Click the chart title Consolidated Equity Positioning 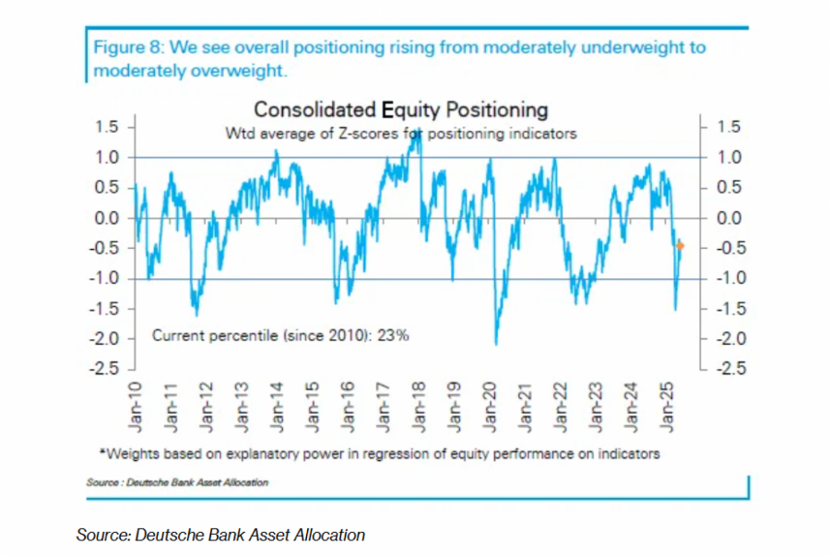pyautogui.click(x=400, y=110)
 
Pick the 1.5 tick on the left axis pyautogui.click(x=109, y=127)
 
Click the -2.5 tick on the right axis pyautogui.click(x=728, y=369)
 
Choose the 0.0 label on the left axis pyautogui.click(x=109, y=219)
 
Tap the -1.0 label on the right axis pyautogui.click(x=728, y=278)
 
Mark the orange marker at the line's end pyautogui.click(x=681, y=245)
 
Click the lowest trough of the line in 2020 pyautogui.click(x=496, y=344)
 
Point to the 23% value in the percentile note pyautogui.click(x=393, y=336)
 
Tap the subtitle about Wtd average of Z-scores pyautogui.click(x=400, y=134)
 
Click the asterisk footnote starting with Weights pyautogui.click(x=379, y=454)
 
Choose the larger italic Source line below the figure pyautogui.click(x=220, y=535)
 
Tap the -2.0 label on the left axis pyautogui.click(x=107, y=339)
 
